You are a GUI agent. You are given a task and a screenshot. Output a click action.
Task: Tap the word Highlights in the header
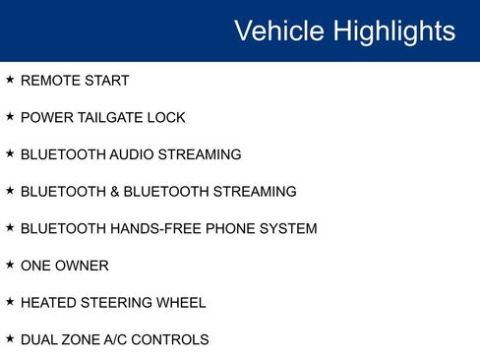point(393,30)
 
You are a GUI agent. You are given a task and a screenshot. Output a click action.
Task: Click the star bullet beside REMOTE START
point(10,79)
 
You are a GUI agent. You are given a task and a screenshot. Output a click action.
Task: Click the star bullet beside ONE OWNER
point(10,264)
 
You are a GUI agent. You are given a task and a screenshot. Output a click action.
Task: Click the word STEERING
point(116,303)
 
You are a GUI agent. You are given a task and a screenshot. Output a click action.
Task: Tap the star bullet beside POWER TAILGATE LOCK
point(10,116)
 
